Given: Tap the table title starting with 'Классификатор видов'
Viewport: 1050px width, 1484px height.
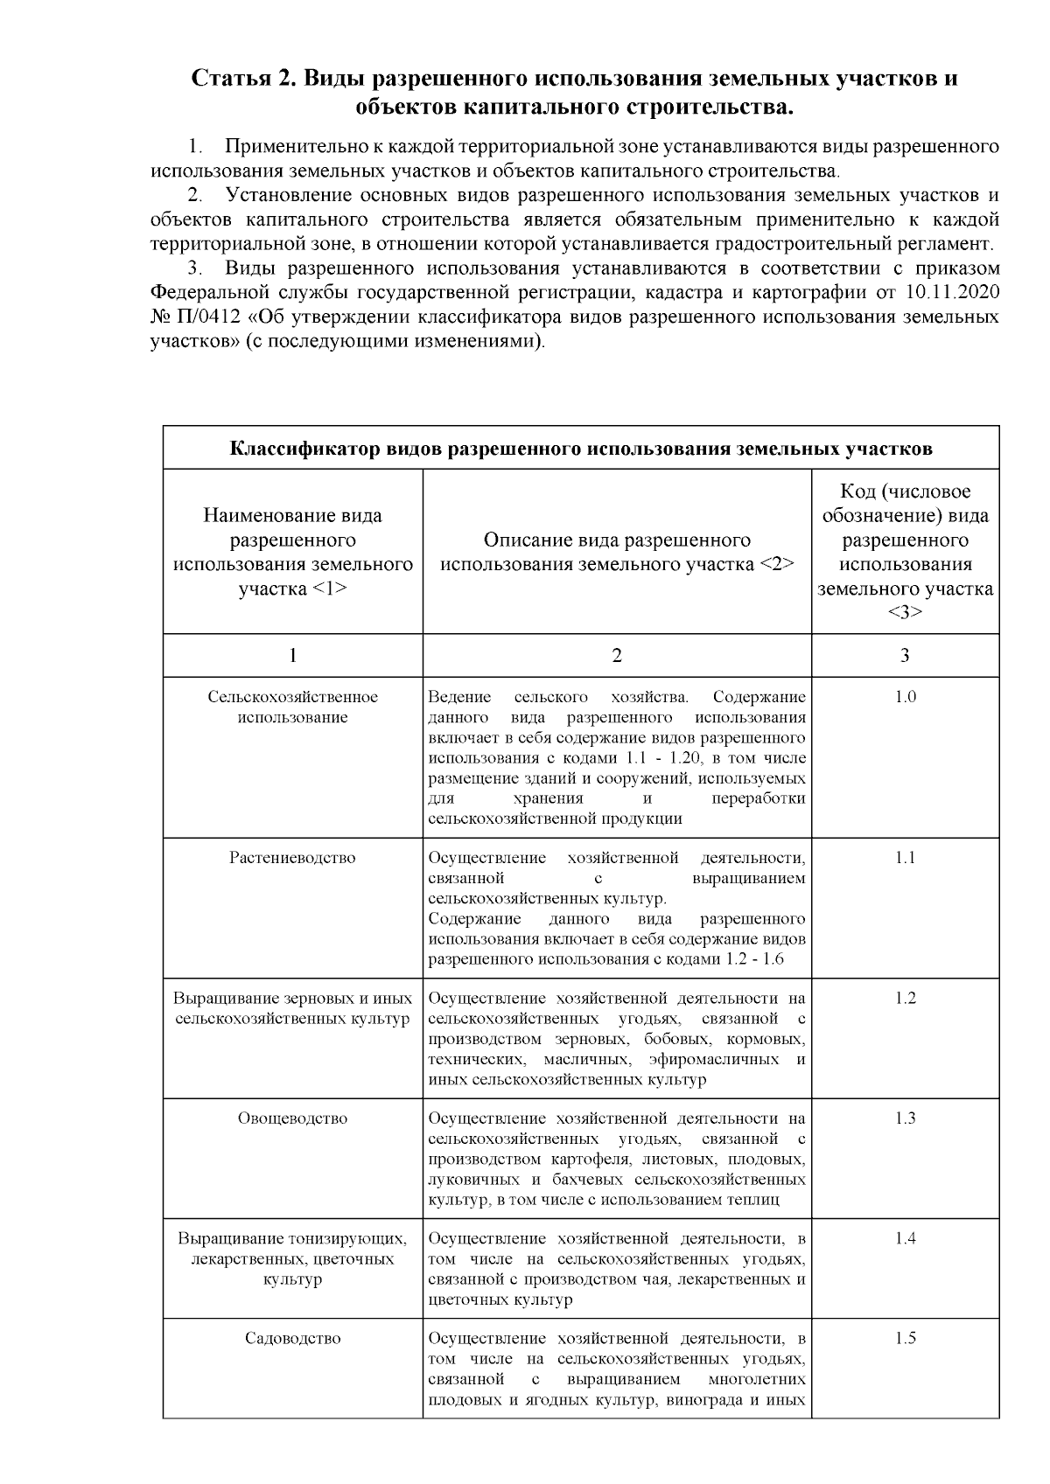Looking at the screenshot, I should [x=581, y=449].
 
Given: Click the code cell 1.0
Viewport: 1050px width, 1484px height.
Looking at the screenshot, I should [x=905, y=697].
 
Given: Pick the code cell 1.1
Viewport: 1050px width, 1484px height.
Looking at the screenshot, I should [x=905, y=857].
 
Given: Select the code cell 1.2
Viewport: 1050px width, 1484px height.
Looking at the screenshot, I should [x=905, y=998].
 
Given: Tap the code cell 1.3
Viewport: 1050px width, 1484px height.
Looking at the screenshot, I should [x=905, y=1118].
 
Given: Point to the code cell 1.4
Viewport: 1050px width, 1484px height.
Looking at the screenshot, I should [x=905, y=1237].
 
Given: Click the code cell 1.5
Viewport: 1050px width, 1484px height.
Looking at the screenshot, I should [x=905, y=1338].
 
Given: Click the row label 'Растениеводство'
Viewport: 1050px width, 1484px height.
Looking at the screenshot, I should [x=292, y=857].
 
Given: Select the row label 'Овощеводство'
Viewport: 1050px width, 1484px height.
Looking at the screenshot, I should [x=292, y=1118].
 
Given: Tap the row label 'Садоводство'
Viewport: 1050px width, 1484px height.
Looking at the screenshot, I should [x=292, y=1338].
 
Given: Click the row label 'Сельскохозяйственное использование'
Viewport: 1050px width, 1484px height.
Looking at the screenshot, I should [x=292, y=707].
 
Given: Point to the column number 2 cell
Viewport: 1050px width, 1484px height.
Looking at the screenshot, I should [x=617, y=655].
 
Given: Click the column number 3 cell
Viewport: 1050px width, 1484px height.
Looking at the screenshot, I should [x=905, y=655].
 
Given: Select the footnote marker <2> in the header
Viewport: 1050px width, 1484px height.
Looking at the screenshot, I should [x=777, y=564].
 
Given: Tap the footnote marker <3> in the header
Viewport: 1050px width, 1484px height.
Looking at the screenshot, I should [x=905, y=612].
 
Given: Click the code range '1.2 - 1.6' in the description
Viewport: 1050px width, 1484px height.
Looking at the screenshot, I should [x=754, y=959].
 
